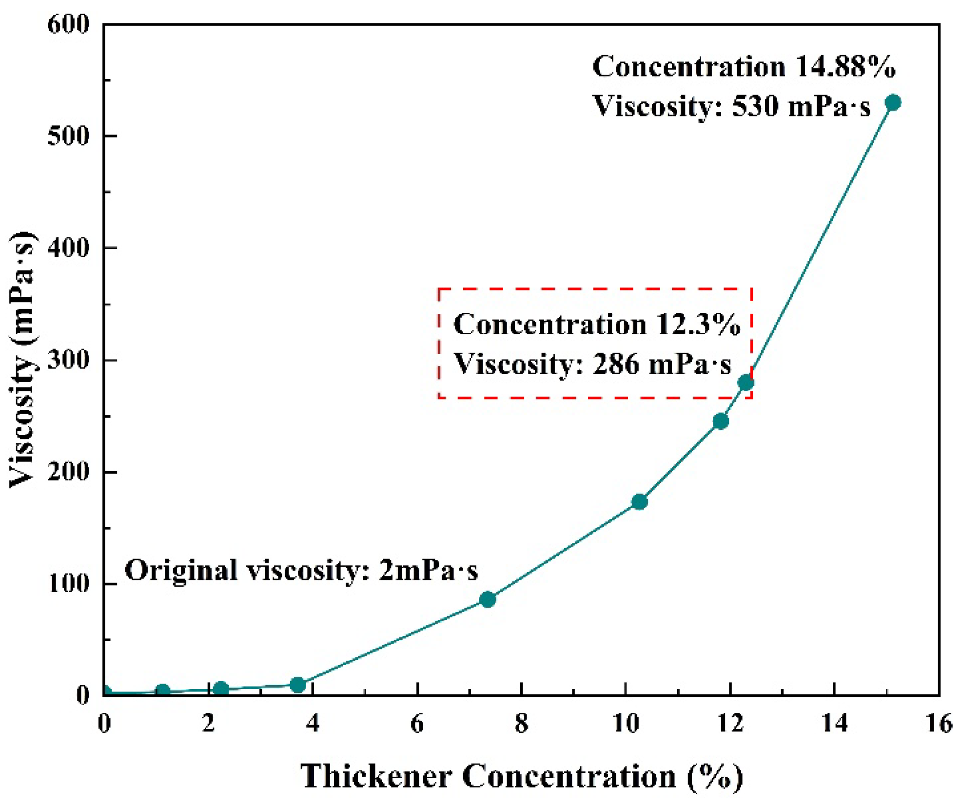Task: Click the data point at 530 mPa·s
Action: click(892, 103)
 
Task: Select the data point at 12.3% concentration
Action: click(745, 383)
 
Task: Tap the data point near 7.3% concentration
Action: click(487, 599)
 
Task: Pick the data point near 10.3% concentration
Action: click(639, 502)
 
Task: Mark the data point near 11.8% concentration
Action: click(721, 421)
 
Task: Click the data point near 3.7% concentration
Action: click(297, 685)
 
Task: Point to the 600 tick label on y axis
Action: click(69, 24)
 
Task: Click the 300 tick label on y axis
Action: click(69, 361)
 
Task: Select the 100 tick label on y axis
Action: click(69, 583)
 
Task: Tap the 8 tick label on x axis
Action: click(521, 724)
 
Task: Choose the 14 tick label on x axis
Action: click(834, 724)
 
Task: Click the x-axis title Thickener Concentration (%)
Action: click(521, 776)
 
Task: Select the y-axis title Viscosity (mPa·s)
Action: click(23, 360)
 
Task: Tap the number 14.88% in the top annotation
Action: click(845, 66)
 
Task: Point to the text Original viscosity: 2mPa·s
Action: click(301, 570)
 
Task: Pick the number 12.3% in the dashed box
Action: click(698, 324)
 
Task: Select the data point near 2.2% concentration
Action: click(220, 689)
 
